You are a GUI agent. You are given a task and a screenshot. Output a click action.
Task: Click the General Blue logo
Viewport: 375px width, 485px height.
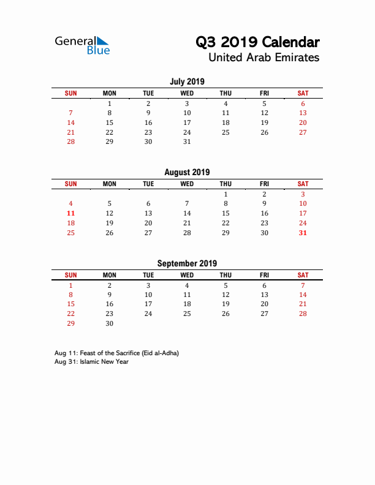82,45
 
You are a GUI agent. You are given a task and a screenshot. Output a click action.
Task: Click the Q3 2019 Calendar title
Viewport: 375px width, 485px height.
257,42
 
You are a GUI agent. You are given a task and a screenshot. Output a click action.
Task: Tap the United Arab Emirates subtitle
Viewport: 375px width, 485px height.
263,58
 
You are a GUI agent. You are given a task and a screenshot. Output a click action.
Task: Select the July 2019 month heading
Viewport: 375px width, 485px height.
187,81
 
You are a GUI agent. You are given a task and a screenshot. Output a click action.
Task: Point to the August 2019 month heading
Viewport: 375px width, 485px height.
187,173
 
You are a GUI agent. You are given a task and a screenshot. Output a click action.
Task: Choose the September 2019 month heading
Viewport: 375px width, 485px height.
187,264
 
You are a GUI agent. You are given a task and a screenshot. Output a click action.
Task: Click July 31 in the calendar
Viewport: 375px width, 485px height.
187,141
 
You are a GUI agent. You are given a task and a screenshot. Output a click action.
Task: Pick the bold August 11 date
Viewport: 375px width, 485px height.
71,213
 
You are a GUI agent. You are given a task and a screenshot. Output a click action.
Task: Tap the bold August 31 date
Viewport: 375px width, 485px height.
303,233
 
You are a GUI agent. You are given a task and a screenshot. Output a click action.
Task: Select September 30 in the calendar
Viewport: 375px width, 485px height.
110,324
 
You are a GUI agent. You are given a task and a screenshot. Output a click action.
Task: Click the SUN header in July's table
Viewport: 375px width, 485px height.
71,93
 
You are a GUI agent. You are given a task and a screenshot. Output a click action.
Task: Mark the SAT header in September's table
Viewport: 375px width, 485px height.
303,276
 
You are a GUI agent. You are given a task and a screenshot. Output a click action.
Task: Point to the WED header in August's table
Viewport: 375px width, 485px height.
187,184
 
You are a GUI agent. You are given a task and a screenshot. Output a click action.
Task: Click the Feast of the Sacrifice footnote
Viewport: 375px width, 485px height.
116,353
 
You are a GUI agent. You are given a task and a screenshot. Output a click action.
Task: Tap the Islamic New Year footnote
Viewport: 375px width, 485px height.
91,362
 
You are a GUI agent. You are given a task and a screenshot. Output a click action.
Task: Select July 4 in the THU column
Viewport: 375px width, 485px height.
225,103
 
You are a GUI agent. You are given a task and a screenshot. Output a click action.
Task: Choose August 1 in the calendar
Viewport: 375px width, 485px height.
225,194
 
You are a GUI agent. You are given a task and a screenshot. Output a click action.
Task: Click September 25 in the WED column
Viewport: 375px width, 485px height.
187,314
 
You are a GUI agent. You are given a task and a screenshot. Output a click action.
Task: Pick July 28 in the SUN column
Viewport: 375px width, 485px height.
71,141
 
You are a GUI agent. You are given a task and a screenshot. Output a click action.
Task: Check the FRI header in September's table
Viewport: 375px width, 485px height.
264,276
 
